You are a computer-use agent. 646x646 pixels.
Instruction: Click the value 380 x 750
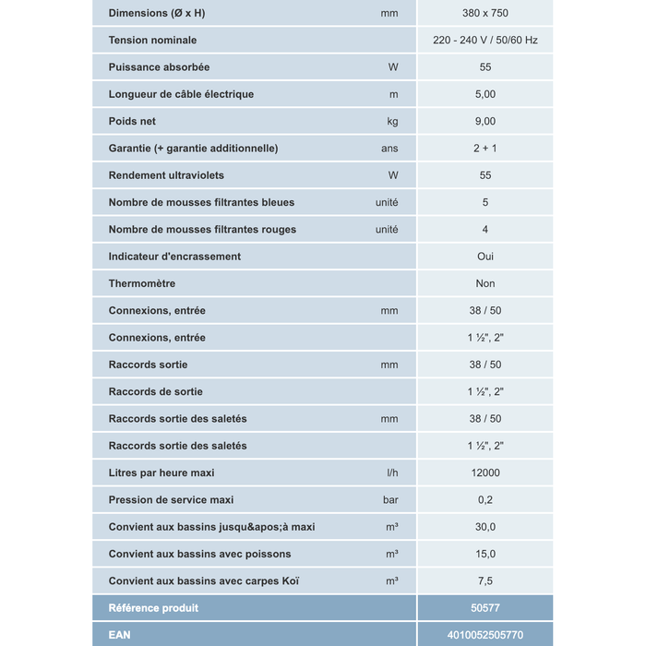485,13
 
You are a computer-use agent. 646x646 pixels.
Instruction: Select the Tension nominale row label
152,41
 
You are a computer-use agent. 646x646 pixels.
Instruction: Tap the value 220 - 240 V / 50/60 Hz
485,41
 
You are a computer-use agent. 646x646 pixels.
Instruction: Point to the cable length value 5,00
485,94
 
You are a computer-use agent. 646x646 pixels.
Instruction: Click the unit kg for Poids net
392,121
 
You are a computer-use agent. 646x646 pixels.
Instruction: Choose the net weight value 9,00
485,121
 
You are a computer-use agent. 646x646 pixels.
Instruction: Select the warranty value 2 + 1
485,149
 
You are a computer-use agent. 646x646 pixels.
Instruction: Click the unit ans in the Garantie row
389,149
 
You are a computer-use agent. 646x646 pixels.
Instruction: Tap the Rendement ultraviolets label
166,175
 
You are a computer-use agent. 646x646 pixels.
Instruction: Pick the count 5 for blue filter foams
485,202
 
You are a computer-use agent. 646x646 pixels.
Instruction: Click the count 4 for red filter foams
485,229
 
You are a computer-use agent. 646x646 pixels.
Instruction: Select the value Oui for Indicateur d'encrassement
485,257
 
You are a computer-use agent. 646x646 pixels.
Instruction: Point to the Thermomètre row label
142,283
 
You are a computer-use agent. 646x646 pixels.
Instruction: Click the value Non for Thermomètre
485,283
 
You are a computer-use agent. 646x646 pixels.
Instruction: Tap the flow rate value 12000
485,473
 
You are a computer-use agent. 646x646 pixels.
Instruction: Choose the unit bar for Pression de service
390,500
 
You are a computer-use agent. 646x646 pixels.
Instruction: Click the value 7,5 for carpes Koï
485,581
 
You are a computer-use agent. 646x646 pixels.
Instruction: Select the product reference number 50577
485,608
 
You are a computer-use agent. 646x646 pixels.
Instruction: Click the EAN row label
120,635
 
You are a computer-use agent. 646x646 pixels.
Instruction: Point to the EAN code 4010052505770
485,635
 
